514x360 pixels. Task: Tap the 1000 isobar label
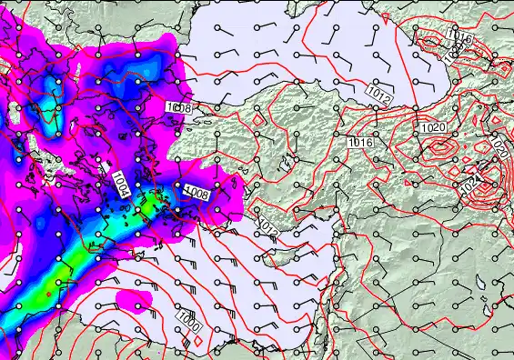pos(189,321)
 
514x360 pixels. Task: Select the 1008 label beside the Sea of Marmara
pos(179,108)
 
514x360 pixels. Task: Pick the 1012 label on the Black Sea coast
pos(378,90)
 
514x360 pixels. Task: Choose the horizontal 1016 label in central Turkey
pos(360,143)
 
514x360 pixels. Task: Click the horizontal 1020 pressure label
pos(433,128)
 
